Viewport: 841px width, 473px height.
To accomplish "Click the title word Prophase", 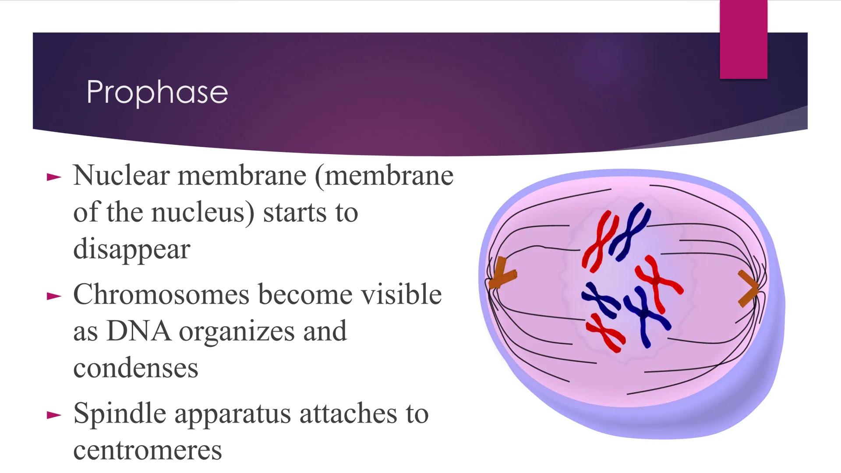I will (x=157, y=92).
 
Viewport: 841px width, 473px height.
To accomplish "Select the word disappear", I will (x=131, y=250).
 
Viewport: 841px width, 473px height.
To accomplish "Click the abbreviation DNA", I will (x=138, y=331).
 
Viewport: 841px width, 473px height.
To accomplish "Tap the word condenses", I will (x=135, y=368).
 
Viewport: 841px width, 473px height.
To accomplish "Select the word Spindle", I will (x=120, y=413).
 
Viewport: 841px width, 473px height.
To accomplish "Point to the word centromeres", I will (x=147, y=450).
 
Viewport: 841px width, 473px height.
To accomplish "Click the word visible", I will (x=395, y=294).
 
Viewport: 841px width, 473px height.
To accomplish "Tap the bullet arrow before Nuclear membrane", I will (x=54, y=177).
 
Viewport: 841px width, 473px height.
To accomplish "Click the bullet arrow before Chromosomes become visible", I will (x=54, y=297).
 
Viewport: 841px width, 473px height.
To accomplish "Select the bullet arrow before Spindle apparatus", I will (x=54, y=415).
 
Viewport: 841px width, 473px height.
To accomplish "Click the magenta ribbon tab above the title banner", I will (x=743, y=39).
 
